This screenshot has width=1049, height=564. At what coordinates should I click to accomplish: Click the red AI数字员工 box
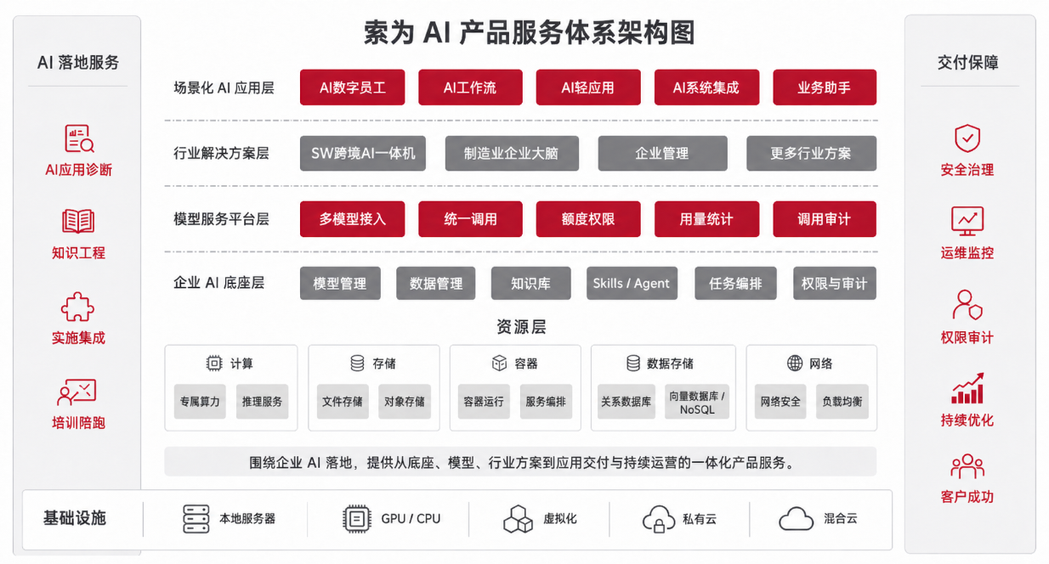pos(352,87)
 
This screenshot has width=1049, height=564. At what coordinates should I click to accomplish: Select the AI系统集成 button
pos(706,87)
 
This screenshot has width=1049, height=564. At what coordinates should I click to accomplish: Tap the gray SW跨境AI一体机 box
pos(363,154)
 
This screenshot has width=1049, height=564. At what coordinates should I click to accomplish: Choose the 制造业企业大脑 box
pos(512,154)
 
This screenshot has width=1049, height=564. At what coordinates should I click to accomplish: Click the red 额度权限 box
pos(588,219)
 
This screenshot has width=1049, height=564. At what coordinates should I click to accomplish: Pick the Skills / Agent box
pos(632,283)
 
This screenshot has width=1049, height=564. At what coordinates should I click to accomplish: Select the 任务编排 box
pos(735,283)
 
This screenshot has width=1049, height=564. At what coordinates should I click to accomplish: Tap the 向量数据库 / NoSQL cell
pos(697,402)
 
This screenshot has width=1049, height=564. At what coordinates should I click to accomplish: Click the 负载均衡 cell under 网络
pos(842,402)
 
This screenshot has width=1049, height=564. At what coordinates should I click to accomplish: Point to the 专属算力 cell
pos(200,402)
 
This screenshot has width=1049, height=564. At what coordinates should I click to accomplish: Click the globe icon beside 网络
pos(795,364)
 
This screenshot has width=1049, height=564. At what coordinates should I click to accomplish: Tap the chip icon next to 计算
pos(214,364)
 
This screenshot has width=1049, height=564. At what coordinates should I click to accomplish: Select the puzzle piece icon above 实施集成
pos(77,307)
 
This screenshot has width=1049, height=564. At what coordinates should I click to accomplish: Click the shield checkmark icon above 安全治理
pos(967,138)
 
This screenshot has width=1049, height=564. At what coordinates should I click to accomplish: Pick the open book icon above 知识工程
pos(78,222)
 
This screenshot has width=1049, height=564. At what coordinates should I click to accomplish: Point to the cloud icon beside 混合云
pos(797,519)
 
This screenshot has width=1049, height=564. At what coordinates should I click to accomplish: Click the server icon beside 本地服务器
pos(196,519)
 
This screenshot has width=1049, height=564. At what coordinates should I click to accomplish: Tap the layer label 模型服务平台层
pos(221,219)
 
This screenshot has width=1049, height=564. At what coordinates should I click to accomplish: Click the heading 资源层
pos(521,327)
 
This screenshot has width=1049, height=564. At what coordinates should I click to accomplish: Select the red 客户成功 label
pos(967,497)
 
